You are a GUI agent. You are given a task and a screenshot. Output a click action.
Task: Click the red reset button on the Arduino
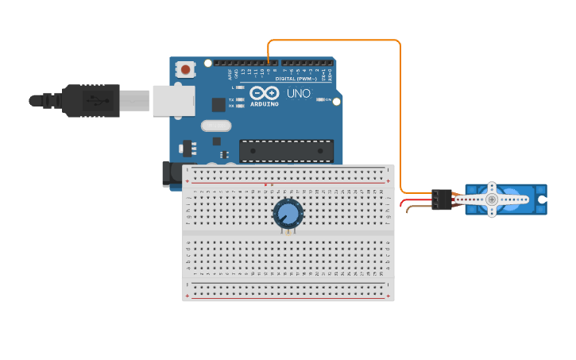click(186, 70)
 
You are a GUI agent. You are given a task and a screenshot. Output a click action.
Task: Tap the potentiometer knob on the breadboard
click(288, 214)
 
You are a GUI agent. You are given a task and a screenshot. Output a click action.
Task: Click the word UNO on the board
click(298, 94)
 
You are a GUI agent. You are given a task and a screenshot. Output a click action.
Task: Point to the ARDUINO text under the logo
click(264, 104)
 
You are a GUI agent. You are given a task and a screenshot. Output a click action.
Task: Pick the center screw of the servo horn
click(492, 199)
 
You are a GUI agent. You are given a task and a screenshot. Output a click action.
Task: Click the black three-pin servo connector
click(442, 199)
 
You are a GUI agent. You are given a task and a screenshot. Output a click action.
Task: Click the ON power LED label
click(327, 99)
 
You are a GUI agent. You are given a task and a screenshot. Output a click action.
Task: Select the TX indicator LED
click(240, 99)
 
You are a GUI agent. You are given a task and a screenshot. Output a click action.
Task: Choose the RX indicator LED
click(240, 106)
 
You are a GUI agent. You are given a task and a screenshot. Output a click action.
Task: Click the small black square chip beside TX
click(218, 104)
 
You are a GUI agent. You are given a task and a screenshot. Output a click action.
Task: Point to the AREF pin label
click(230, 75)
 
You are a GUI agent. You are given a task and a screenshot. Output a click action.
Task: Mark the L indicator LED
click(240, 87)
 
